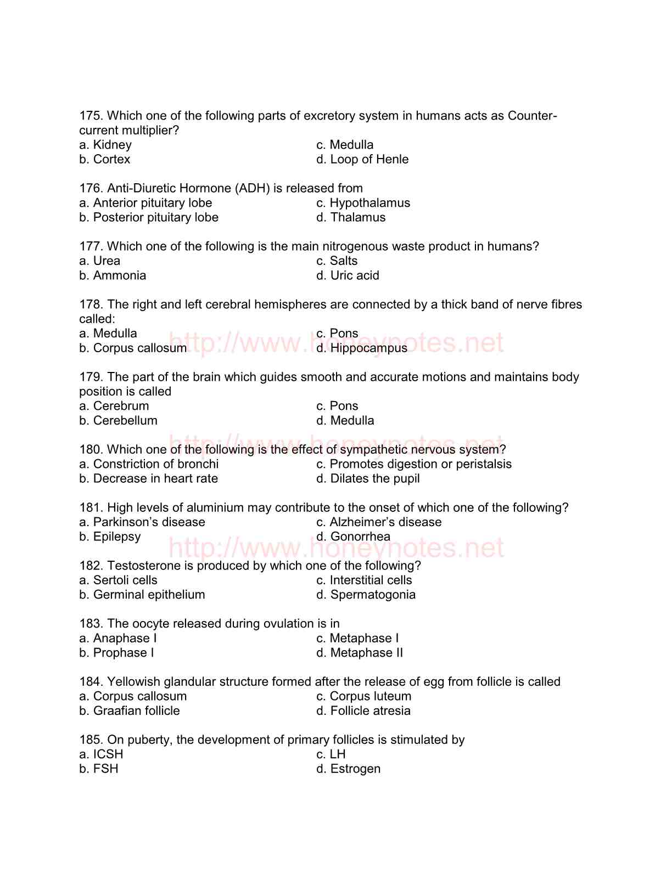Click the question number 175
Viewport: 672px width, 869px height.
(x=91, y=116)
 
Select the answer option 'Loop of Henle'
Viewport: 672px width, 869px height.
(x=369, y=159)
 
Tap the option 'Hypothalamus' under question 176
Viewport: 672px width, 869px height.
(x=369, y=203)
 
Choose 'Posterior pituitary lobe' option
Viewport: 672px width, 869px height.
(x=155, y=217)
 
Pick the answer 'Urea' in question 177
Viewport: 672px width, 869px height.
(x=107, y=261)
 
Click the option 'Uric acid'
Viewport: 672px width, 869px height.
(x=354, y=275)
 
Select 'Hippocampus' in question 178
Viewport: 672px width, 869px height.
(x=368, y=348)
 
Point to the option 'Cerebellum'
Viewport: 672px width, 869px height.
(x=125, y=421)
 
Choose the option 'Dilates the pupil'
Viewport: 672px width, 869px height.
(x=374, y=478)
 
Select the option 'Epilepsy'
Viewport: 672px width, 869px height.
(x=117, y=537)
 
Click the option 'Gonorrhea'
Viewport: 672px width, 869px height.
(x=360, y=537)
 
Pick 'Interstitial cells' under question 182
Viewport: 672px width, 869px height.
(x=371, y=580)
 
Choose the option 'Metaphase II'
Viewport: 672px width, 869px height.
(x=366, y=653)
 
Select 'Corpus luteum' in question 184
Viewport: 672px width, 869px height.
(x=370, y=696)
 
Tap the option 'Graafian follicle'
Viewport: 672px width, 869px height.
(x=136, y=711)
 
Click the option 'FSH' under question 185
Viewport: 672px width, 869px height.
(x=105, y=769)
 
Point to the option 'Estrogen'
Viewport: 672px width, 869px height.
(x=355, y=769)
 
